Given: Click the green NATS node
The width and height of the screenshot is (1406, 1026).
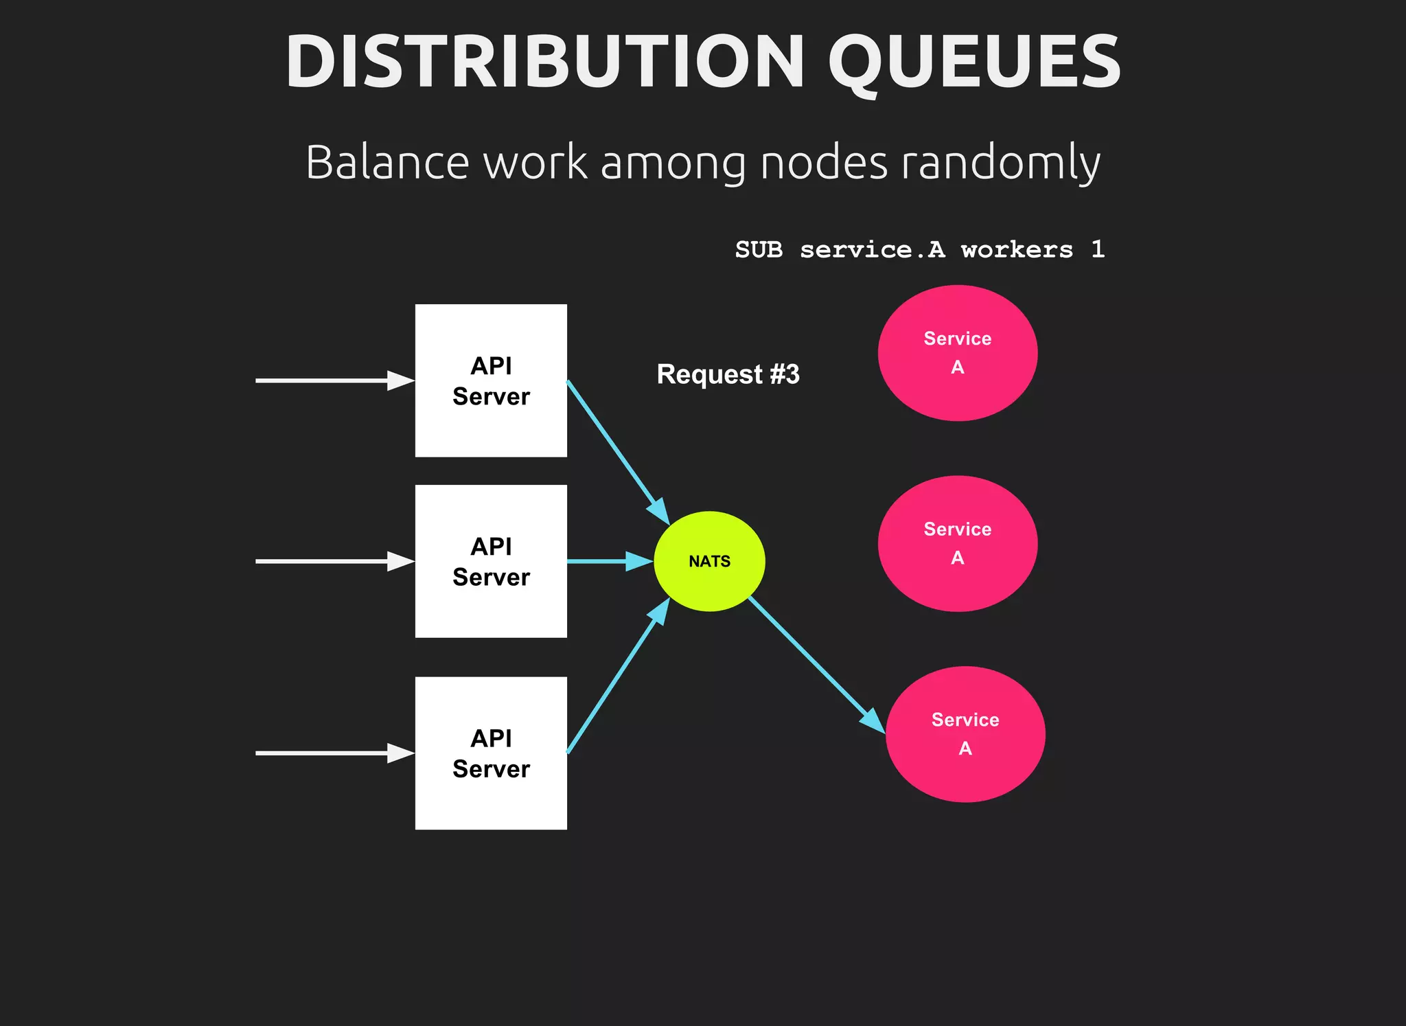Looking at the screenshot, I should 709,561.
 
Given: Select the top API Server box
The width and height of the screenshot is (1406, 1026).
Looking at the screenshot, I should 491,380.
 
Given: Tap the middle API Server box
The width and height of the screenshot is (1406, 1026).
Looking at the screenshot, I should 491,561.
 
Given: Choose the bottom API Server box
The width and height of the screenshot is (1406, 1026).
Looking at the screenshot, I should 491,753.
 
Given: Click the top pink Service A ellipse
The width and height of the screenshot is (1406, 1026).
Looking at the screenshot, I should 957,353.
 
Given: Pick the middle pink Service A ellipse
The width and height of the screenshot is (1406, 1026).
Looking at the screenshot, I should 957,543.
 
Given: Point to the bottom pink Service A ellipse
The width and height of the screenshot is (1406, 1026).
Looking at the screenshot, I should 965,734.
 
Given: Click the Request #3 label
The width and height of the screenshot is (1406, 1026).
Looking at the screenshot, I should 728,374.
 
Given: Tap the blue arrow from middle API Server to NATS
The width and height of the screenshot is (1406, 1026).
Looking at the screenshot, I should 608,561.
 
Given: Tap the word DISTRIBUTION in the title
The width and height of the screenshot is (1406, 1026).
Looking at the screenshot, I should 544,62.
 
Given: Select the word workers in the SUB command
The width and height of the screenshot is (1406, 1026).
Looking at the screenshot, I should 1016,250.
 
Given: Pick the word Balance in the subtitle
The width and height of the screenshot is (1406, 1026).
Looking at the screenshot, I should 387,163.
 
